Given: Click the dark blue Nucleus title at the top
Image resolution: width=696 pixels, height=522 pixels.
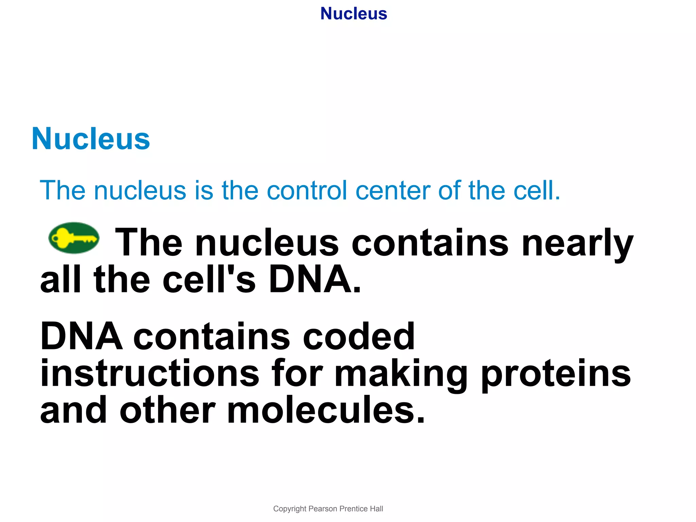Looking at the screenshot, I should coord(353,14).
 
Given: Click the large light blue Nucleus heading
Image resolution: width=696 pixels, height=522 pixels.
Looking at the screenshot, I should coord(91,139).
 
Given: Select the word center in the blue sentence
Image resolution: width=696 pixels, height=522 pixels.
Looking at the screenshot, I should coord(393,190).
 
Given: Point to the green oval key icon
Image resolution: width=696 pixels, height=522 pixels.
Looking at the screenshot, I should coord(74,238).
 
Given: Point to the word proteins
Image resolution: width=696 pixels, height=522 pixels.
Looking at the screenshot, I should coord(556,374).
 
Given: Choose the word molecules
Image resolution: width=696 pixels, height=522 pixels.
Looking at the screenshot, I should coord(326,410).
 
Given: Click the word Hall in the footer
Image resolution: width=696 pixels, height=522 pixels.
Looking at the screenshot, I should coord(377,509).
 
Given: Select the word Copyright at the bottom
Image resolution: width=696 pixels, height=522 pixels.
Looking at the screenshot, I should coord(290,509).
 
